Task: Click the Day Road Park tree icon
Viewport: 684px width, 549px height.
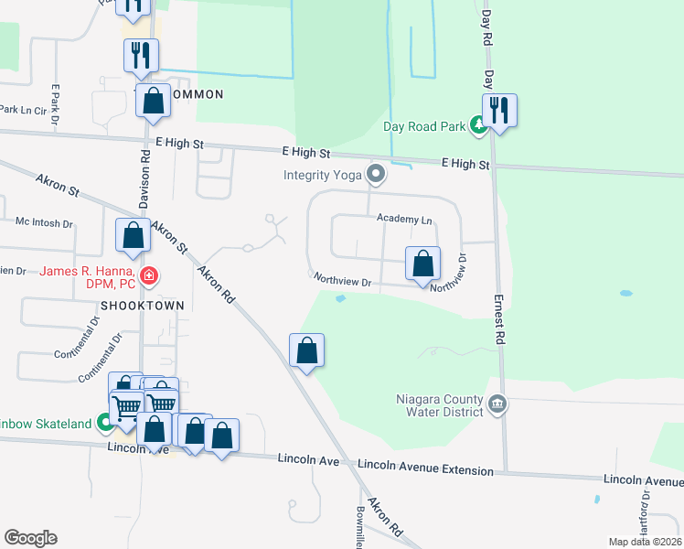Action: [477, 125]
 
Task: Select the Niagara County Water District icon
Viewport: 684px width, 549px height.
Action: [497, 404]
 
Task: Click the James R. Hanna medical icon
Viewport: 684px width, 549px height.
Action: [148, 274]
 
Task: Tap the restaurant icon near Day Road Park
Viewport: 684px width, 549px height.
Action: [499, 112]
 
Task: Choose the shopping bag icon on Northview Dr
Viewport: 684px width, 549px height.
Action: [422, 264]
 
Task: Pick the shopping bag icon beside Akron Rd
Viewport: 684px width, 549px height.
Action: [306, 350]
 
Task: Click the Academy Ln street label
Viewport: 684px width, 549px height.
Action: [403, 219]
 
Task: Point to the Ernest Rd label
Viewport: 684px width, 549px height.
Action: [501, 318]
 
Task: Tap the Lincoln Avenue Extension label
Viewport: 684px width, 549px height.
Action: [426, 468]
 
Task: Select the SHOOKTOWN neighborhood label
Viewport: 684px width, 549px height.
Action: [144, 305]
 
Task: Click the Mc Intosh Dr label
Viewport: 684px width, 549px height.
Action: [44, 222]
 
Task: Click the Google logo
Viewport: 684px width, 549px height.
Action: [30, 538]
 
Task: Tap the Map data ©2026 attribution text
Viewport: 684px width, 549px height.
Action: [645, 542]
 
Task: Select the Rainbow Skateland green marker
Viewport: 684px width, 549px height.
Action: [105, 423]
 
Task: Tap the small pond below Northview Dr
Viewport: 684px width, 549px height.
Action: [341, 298]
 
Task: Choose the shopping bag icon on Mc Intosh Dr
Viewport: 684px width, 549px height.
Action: [134, 236]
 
